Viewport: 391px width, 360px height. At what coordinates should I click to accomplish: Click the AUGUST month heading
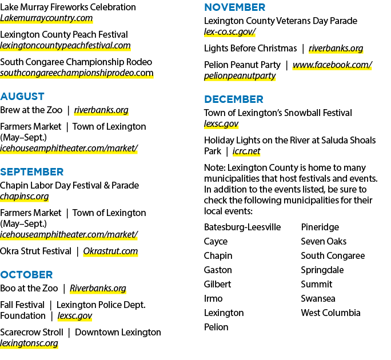tap(22, 97)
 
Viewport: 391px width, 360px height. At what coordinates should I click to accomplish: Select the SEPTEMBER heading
tap(32, 172)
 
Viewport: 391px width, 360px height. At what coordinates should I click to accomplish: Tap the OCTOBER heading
tap(26, 275)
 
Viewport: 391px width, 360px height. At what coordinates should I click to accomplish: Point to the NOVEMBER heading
tap(234, 7)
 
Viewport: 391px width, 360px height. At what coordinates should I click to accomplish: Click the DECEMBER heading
tap(234, 99)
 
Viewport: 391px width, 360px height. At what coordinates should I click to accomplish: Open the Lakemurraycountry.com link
tap(46, 18)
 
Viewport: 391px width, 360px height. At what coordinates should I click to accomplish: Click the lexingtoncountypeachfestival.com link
tap(65, 46)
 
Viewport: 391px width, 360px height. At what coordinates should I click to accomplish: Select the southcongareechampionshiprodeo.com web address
tap(77, 73)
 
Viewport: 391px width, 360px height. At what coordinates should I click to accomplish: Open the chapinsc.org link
tap(25, 197)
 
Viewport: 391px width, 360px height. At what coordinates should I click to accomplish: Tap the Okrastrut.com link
tap(110, 251)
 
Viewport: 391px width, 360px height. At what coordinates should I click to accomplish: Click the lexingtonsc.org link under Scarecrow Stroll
tap(29, 343)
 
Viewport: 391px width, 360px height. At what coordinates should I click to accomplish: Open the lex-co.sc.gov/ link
tap(230, 32)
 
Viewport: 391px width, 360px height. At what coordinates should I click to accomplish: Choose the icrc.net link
tap(246, 151)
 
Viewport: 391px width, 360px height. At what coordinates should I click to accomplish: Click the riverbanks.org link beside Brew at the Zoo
tap(101, 110)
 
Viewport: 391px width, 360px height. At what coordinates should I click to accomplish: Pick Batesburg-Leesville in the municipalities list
tap(242, 227)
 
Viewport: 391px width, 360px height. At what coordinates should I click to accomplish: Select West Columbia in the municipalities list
tap(330, 313)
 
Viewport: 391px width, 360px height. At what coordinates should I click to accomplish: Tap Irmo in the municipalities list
tap(213, 299)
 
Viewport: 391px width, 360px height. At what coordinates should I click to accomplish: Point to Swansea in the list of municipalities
tap(318, 299)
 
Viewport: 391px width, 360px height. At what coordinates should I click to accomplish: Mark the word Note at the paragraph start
tap(215, 168)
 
